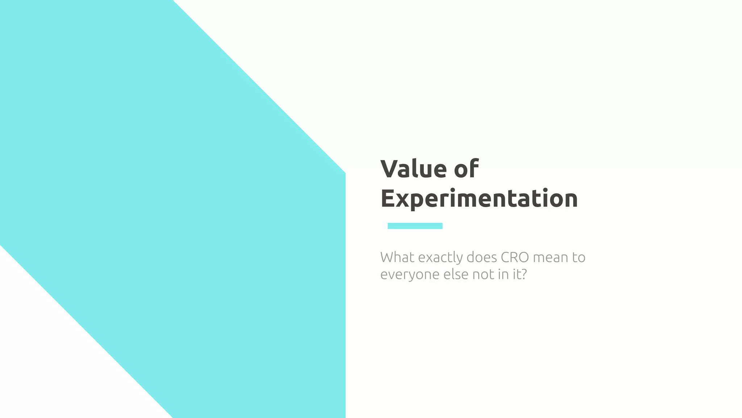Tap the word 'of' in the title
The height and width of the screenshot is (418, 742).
(x=466, y=169)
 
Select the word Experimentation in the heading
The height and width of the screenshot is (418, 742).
(x=479, y=198)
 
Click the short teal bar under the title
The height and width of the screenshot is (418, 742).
(x=415, y=226)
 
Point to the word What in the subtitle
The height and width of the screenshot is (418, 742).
(x=397, y=257)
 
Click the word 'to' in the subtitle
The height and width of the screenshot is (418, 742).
(x=579, y=258)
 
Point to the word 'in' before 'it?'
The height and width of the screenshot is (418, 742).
(x=503, y=274)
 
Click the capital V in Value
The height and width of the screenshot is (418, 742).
(x=389, y=169)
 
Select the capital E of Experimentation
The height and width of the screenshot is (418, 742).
(x=387, y=198)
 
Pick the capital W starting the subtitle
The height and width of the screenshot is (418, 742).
(x=388, y=257)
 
